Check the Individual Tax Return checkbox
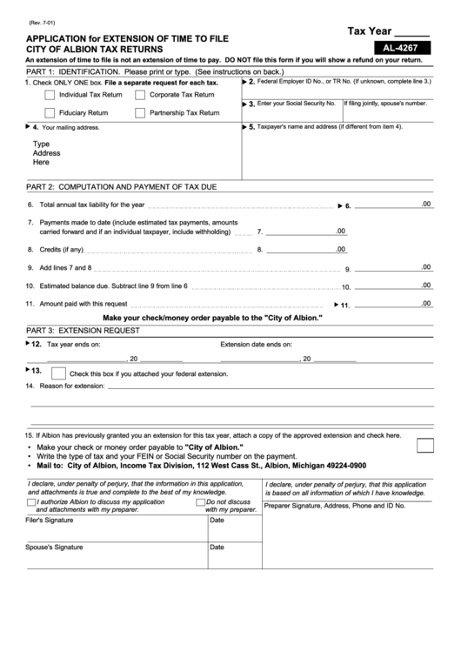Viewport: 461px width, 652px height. (x=50, y=94)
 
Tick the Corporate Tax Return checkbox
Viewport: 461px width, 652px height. (x=140, y=94)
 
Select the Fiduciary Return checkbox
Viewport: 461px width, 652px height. (x=50, y=112)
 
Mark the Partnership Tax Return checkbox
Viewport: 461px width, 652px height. (x=140, y=112)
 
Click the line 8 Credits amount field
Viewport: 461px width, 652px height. (x=304, y=250)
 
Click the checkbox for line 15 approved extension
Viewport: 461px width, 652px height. (x=426, y=446)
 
